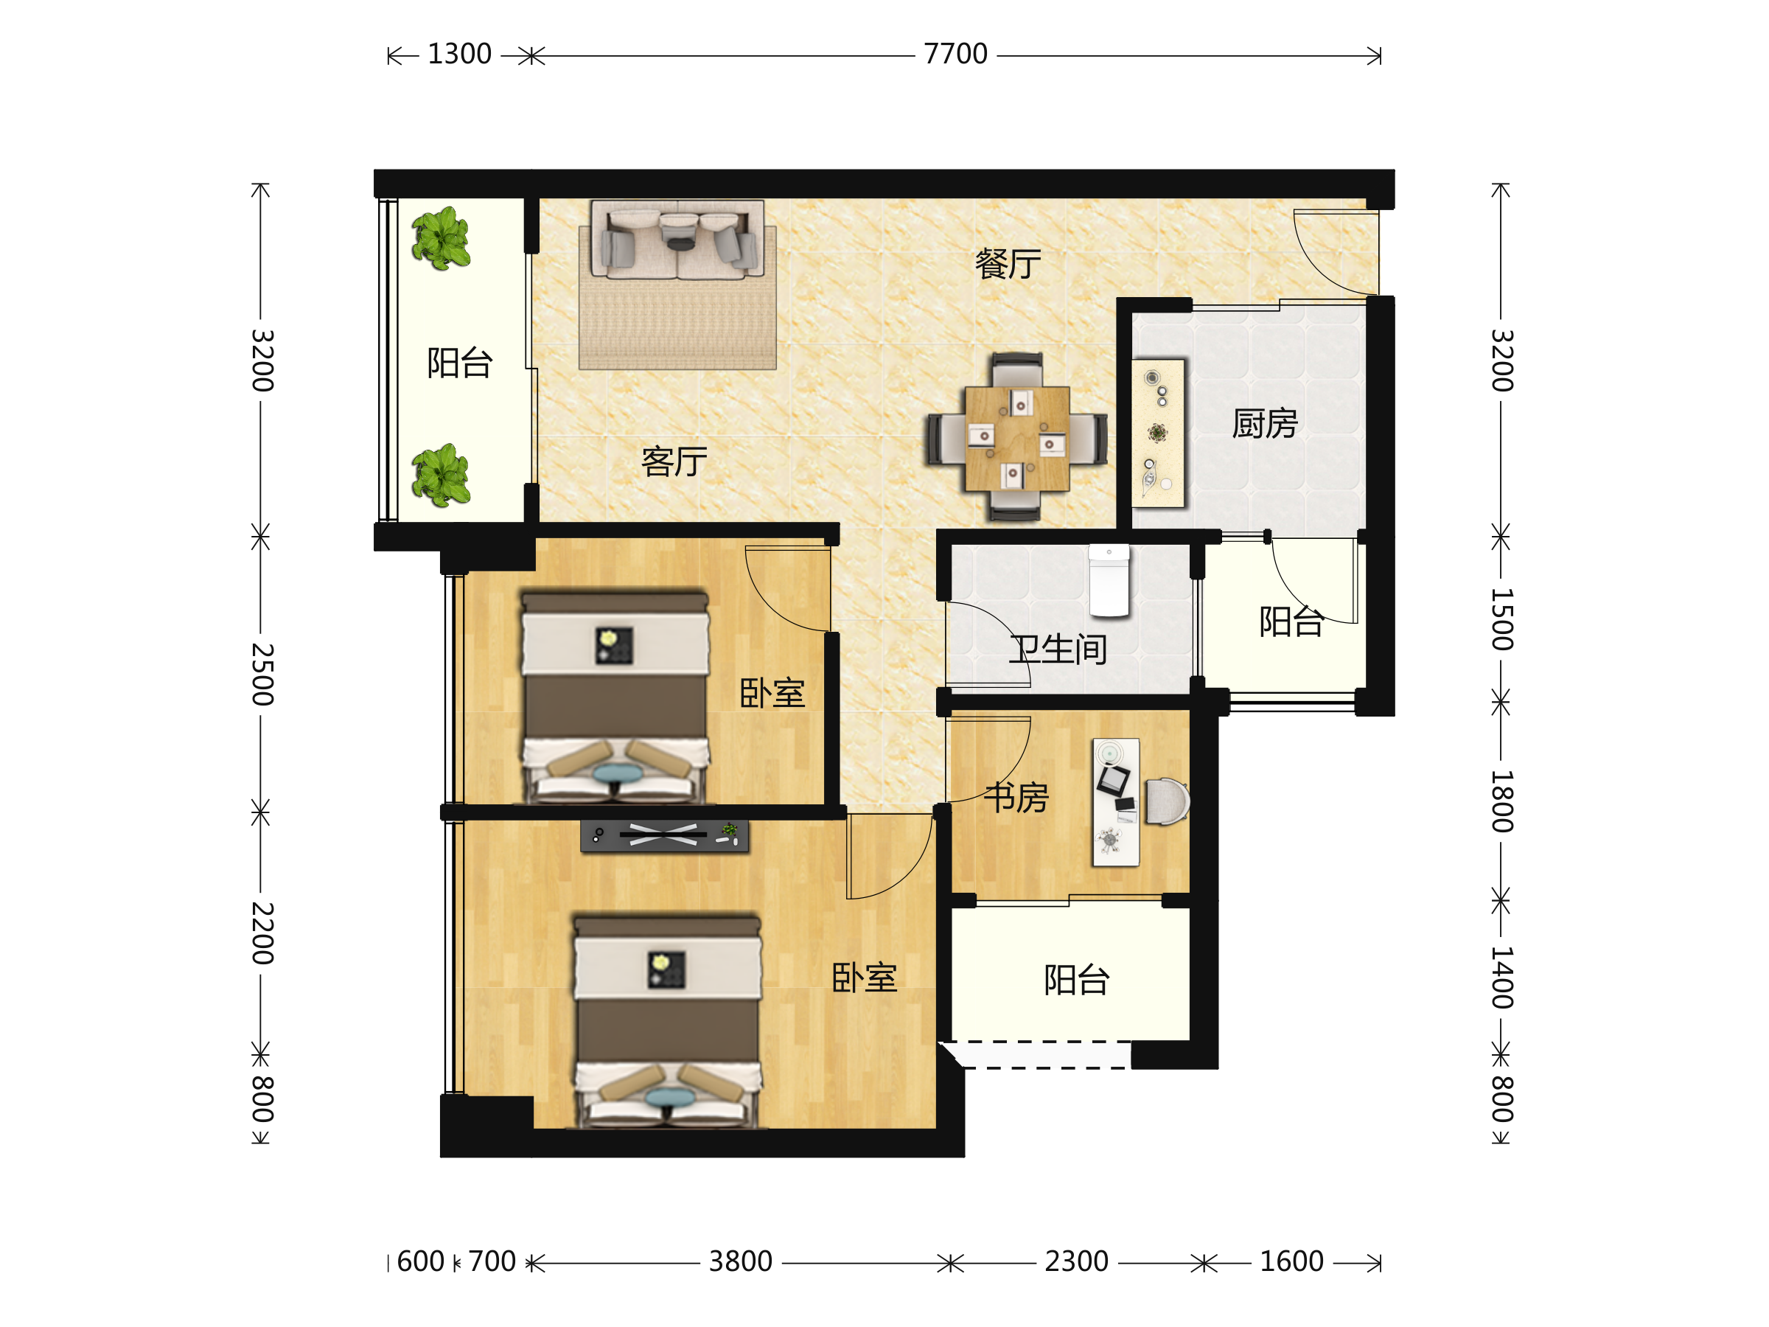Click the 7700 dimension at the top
956,55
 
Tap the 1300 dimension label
459,55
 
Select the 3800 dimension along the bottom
741,1261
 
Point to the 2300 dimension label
1076,1261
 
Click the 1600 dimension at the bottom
1291,1261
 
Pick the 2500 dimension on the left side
262,674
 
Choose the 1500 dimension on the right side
1502,619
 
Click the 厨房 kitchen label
1264,423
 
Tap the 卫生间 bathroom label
1058,649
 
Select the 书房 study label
1016,797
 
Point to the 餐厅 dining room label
1008,263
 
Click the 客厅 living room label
674,462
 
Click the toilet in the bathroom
1109,582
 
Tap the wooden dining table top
1017,439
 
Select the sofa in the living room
677,240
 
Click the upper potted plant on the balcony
441,238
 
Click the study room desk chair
1168,801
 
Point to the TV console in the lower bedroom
665,835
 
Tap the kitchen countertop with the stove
1158,433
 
